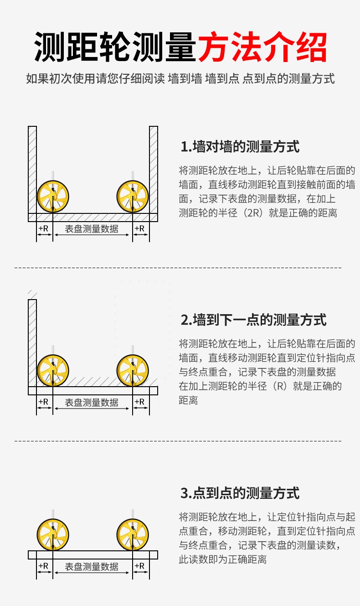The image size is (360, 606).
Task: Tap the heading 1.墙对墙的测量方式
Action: point(240,147)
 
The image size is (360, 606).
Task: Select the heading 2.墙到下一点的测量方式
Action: point(253,320)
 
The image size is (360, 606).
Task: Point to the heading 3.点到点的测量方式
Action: point(240,493)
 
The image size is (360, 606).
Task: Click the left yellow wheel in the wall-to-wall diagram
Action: point(53,196)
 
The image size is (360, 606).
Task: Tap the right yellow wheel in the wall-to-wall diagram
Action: point(133,196)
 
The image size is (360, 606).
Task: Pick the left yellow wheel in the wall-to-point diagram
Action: point(53,370)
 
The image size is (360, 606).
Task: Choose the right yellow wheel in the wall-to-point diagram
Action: point(133,370)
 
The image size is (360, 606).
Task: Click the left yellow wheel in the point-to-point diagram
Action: point(53,535)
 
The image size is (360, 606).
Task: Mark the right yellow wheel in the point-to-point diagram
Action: point(133,535)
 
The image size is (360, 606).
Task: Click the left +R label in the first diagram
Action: point(44,228)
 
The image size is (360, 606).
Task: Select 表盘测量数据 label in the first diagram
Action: point(92,229)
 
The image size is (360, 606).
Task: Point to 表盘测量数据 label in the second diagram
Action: point(92,402)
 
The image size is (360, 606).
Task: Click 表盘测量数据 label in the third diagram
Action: point(92,567)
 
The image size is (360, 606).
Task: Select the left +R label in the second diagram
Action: point(44,401)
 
